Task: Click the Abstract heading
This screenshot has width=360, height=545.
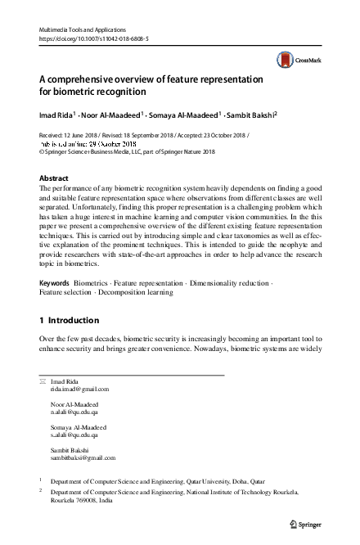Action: [x=54, y=178]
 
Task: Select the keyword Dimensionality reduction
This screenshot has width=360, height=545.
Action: [x=231, y=282]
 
